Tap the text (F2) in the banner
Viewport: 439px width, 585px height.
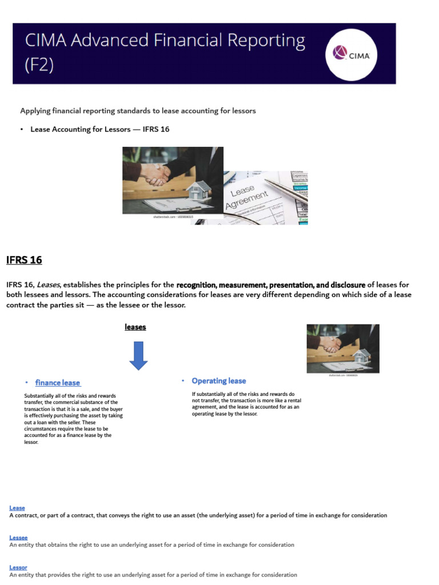point(39,65)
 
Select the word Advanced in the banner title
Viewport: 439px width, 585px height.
point(104,41)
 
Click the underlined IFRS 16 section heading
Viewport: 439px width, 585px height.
point(24,261)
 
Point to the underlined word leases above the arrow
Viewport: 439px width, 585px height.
point(135,327)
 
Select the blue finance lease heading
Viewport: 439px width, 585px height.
point(57,383)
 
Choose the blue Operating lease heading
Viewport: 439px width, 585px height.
point(218,381)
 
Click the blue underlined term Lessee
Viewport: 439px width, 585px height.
point(18,538)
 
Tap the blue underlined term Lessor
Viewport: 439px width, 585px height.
point(18,567)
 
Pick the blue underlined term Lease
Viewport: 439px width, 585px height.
point(17,508)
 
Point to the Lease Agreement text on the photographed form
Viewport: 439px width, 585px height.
point(247,198)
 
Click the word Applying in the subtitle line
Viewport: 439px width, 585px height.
point(35,111)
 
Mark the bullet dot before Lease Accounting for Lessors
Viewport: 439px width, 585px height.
point(22,130)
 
